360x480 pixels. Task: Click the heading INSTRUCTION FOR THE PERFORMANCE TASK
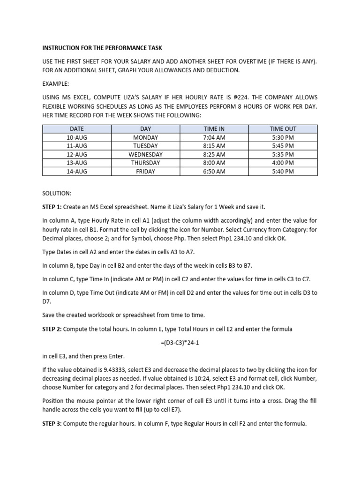point(103,48)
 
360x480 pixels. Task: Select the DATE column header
point(77,129)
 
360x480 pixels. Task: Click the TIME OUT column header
point(283,129)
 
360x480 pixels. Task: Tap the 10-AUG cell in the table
point(77,137)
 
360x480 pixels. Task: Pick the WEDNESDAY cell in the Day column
point(145,154)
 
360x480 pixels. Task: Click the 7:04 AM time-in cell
point(214,137)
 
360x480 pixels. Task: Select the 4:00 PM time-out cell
point(283,163)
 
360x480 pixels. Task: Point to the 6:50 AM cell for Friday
point(214,172)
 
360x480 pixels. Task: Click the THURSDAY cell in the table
point(145,163)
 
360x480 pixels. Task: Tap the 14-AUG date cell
point(77,172)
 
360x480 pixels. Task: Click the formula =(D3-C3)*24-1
point(180,343)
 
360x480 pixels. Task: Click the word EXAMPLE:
point(56,83)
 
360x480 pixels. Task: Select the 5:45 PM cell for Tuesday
point(283,146)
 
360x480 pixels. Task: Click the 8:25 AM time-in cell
point(214,154)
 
